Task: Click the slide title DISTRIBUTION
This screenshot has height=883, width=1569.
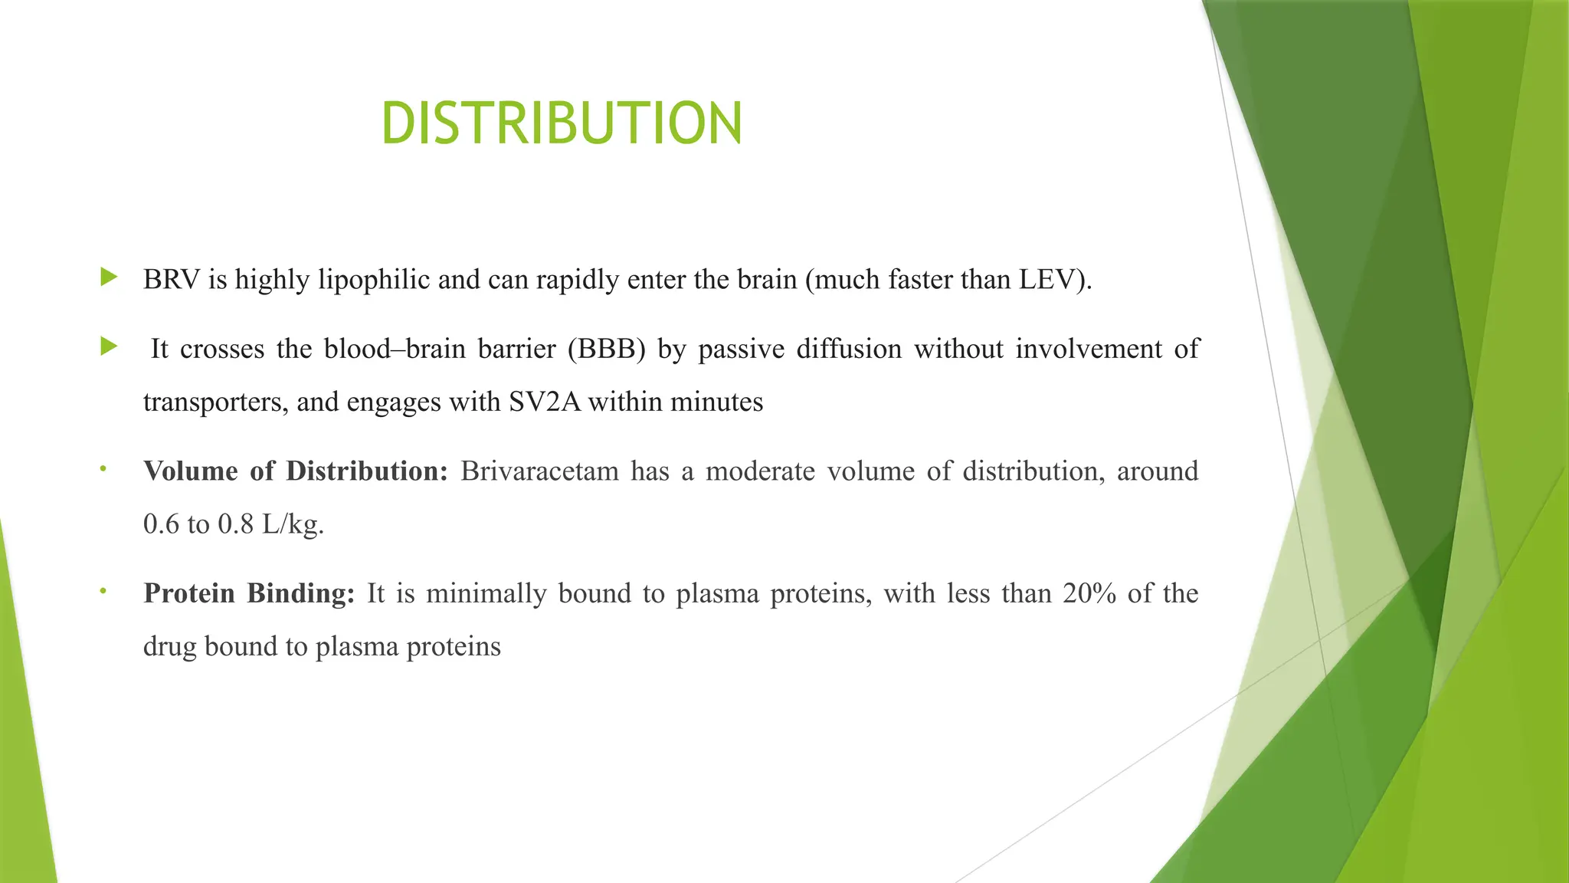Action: [x=562, y=123]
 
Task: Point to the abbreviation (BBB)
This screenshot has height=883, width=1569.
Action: [x=607, y=350]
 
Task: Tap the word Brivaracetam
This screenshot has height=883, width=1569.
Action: [x=539, y=471]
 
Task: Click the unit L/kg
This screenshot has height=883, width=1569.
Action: [x=293, y=524]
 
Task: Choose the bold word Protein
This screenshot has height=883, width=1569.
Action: [x=188, y=593]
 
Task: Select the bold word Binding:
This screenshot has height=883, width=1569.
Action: [x=301, y=593]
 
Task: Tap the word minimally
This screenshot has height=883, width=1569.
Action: [x=486, y=593]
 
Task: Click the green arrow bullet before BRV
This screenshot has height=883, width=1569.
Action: [x=109, y=277]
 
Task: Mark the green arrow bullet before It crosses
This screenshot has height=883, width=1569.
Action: [x=109, y=347]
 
